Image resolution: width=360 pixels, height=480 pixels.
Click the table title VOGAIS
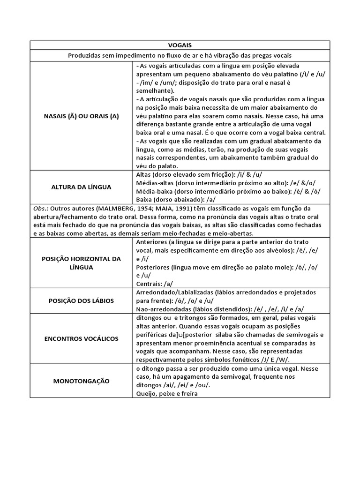pos(180,45)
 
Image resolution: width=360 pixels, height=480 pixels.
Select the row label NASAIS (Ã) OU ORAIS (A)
pos(82,117)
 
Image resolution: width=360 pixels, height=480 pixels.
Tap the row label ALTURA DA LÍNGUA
pos(82,187)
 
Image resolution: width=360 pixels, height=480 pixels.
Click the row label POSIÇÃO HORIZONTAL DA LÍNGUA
pos(82,262)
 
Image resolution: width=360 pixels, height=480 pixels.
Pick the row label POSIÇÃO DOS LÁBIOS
pos(82,300)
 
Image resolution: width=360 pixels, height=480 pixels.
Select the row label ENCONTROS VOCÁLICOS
pos(82,338)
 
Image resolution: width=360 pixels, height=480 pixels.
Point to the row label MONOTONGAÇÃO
pos(82,381)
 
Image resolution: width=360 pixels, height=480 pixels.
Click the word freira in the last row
pos(187,393)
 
